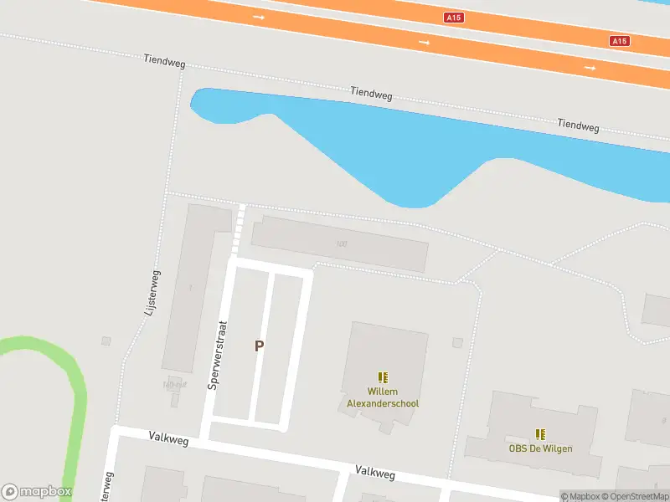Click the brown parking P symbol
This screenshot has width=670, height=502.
(260, 346)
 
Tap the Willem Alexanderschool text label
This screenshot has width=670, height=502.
(383, 397)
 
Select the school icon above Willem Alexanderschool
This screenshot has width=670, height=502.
(383, 377)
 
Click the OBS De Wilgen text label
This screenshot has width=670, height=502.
(540, 448)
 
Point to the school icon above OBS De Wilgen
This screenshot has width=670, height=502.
(540, 433)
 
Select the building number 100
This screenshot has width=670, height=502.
(341, 244)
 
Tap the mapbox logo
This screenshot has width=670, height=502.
(36, 492)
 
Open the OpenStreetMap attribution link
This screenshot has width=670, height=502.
(636, 497)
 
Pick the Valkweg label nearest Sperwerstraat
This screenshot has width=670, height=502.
(168, 438)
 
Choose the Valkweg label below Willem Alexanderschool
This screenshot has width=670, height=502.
(374, 473)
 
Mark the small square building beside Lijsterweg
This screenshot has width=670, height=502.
(106, 341)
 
